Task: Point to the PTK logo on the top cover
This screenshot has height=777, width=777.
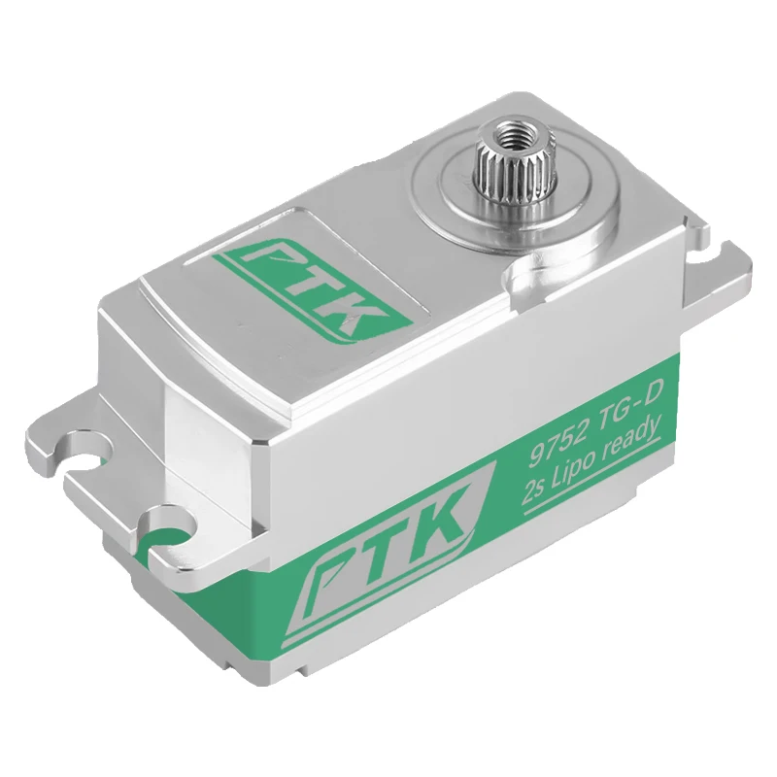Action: [315, 290]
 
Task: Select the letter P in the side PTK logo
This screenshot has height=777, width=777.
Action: [331, 577]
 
